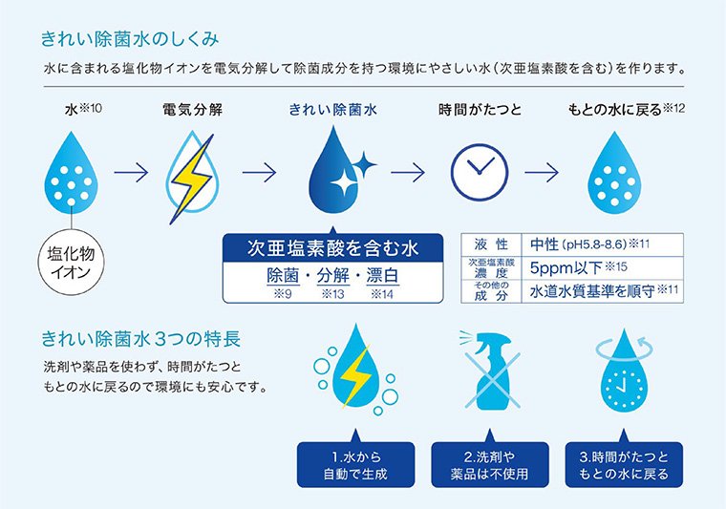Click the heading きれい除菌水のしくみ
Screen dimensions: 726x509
pos(130,39)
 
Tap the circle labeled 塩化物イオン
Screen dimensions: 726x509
pos(71,263)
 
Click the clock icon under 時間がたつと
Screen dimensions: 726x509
pos(480,172)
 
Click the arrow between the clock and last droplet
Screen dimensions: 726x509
pos(542,172)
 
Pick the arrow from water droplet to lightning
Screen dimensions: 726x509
pos(132,172)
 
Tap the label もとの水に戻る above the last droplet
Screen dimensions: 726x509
pos(615,110)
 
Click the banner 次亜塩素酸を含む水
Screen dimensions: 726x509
pos(332,248)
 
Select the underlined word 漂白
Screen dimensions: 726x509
pos(382,276)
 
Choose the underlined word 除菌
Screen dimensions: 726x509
pos(283,276)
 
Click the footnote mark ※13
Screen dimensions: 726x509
pos(332,294)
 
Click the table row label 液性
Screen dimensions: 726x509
pos(491,244)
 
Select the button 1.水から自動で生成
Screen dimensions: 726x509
pos(355,465)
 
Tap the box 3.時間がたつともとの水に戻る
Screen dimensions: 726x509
pos(624,465)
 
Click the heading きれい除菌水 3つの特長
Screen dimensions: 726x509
pos(141,339)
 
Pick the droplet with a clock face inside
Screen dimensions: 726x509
pos(624,371)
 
